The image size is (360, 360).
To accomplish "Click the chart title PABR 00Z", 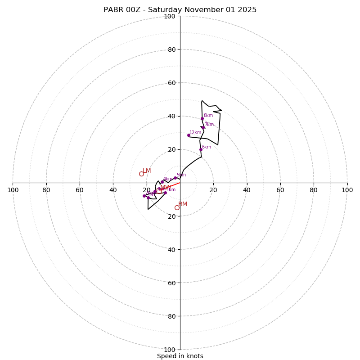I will pos(180,10).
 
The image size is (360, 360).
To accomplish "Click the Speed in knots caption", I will pos(180,356).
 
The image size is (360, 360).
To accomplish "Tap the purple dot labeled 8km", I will pos(202,118).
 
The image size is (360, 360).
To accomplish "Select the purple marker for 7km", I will pos(203,127).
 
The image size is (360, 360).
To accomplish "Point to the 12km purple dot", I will pos(189,135).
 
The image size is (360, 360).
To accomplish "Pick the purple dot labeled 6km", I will pos(201,149).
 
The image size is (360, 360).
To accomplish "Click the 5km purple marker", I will pos(175,178).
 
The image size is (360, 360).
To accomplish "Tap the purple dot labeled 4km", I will pos(162,182).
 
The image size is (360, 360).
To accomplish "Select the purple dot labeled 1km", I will pos(165,193).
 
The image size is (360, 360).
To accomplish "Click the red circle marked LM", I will pos(141,174).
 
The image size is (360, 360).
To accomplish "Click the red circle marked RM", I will pos(177,207).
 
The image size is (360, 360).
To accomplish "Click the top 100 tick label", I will pos(170,16).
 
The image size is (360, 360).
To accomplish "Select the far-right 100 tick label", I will pos(347,190).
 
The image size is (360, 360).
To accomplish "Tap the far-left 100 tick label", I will pos(13,190).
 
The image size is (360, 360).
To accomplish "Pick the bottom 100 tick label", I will pos(170,349).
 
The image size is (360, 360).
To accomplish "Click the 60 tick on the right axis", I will pos(280,190).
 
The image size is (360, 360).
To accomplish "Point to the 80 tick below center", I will pos(171,316).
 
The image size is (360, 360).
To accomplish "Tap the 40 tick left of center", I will pos(113,190).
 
